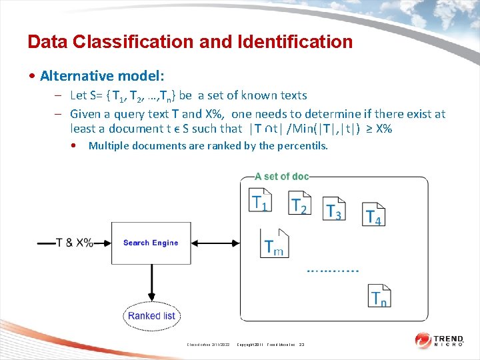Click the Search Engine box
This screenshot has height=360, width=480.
(151, 243)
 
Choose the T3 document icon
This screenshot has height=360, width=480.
(334, 209)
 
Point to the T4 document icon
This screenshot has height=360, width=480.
(374, 214)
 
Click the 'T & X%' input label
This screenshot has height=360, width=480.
(75, 243)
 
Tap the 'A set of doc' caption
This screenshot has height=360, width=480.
(282, 177)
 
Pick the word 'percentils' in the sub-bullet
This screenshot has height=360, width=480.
(302, 146)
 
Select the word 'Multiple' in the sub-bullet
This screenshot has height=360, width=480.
(109, 146)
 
